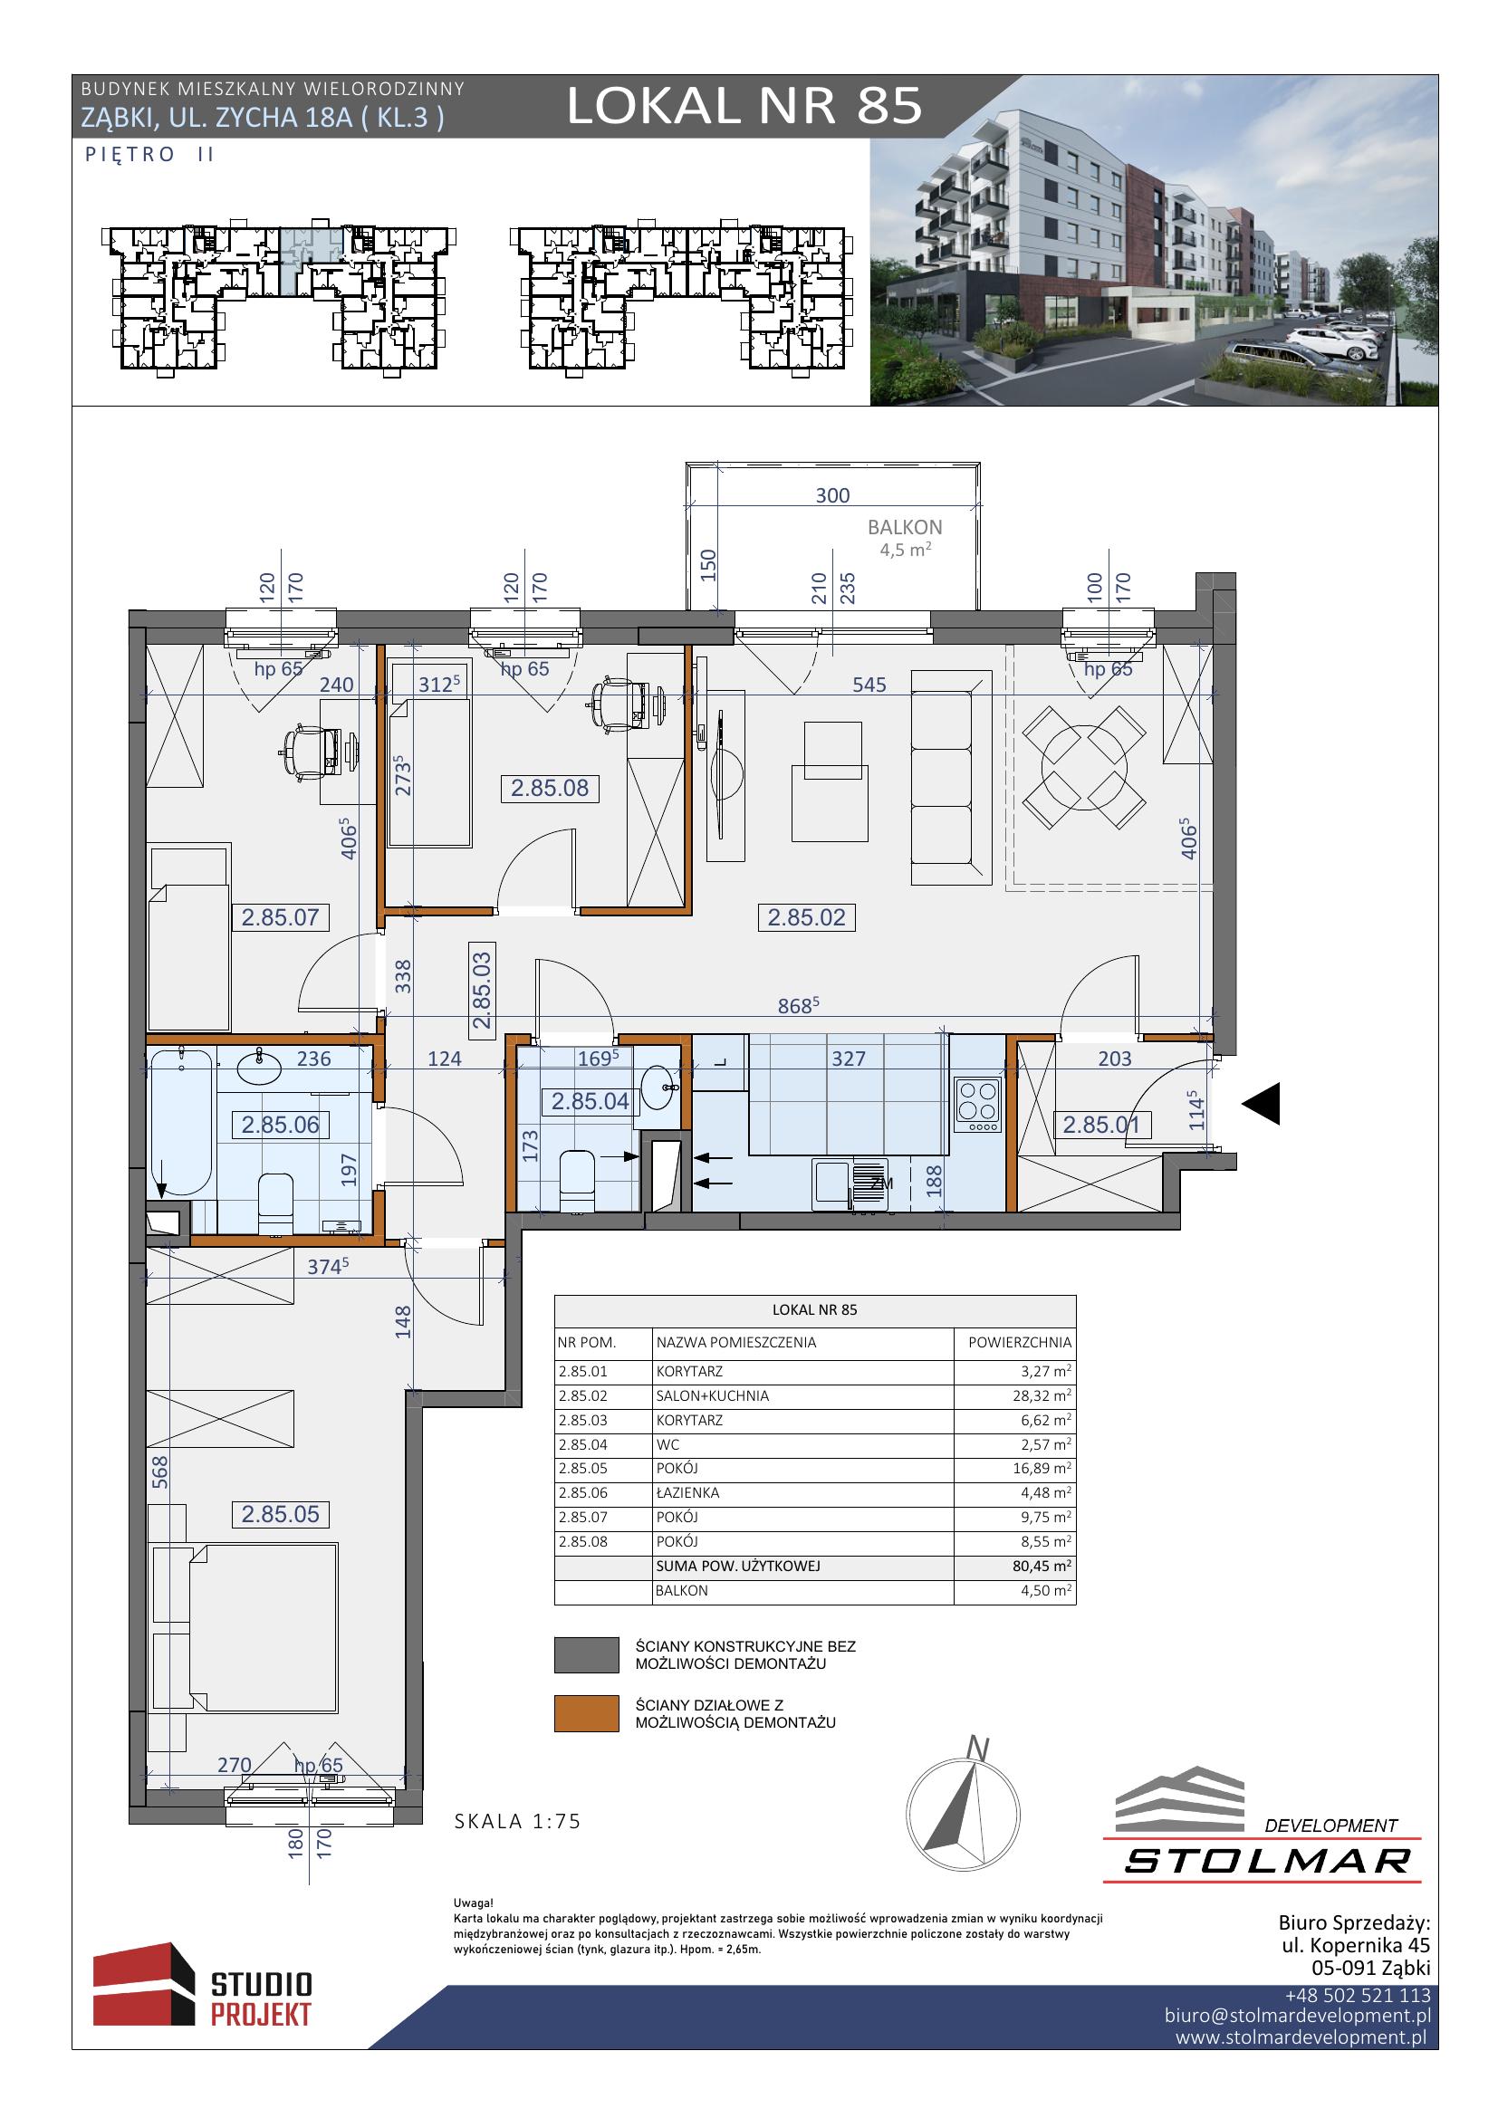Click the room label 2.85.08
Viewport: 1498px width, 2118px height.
click(550, 788)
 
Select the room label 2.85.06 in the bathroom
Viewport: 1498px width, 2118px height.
click(281, 1125)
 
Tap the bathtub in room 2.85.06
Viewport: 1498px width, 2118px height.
click(181, 1122)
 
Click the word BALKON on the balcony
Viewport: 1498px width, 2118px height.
click(905, 528)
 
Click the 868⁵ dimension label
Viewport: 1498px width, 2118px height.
click(799, 1005)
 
